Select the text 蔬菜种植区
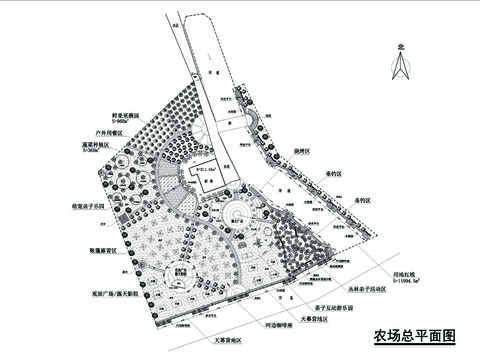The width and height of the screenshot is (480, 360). [127, 144]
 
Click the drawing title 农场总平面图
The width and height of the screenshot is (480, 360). [413, 335]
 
